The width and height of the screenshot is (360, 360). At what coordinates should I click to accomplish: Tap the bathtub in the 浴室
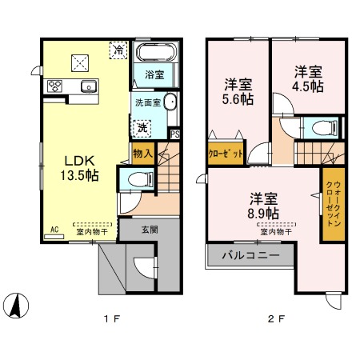154,54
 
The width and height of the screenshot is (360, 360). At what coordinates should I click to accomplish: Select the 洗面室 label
147,102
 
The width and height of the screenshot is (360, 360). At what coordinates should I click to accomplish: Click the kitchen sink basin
87,86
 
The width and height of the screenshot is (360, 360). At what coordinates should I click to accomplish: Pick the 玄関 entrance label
150,230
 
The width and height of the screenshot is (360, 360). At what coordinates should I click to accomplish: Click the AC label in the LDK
55,230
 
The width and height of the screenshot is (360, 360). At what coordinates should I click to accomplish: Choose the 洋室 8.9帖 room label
262,206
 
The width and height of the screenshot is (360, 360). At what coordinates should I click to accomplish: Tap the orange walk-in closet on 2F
330,203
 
